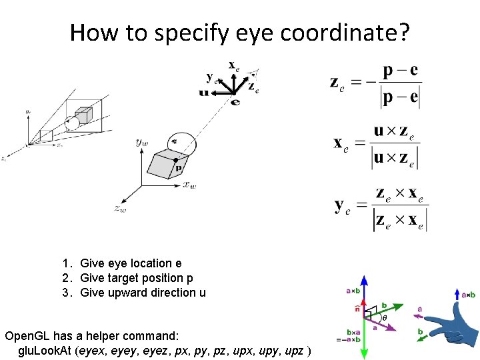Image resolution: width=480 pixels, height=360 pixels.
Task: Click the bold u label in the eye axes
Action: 203,93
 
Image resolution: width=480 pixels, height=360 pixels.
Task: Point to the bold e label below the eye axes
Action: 234,101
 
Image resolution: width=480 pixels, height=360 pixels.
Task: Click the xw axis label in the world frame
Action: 189,185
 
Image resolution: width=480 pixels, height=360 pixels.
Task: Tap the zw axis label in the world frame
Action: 120,209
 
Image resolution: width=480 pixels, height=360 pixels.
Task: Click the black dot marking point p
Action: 175,161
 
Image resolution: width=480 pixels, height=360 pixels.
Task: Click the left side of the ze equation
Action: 337,83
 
